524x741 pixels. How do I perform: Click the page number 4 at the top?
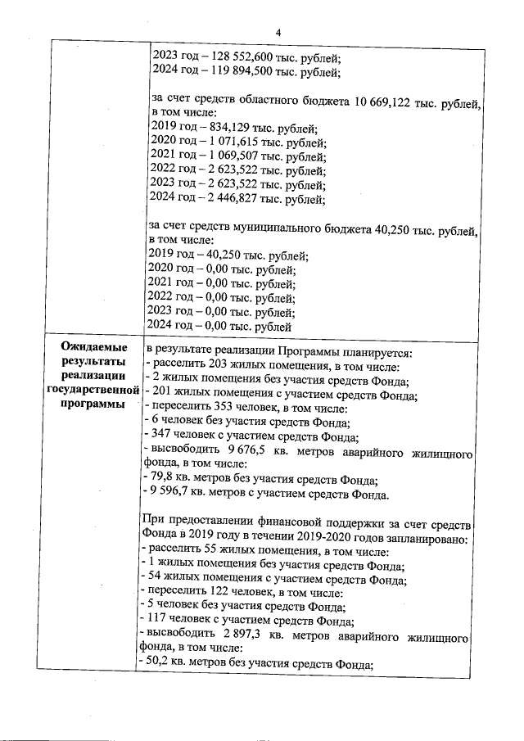click(278, 32)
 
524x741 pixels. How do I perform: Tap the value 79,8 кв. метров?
click(159, 480)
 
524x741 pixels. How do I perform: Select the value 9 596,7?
click(168, 495)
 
